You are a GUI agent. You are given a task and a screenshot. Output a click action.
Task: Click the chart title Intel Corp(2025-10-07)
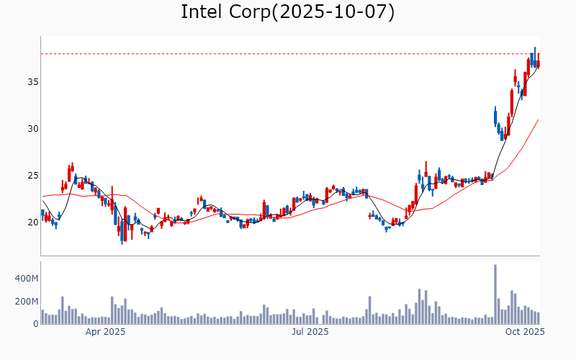[287, 12]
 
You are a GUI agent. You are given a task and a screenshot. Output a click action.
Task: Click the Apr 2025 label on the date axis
[106, 332]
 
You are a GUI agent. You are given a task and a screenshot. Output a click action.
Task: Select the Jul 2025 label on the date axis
[310, 332]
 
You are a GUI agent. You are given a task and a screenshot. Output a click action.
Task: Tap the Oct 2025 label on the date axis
[524, 332]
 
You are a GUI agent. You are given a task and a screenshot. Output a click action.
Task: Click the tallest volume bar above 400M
[495, 294]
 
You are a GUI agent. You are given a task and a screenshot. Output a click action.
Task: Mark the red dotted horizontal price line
[288, 54]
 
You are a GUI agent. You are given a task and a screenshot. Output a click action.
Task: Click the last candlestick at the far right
[538, 62]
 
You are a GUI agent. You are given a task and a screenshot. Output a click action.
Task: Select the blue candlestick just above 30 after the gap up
[495, 116]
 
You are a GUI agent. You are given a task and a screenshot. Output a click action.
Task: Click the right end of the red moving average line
[539, 120]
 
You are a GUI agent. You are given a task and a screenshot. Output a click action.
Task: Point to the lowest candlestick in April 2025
[122, 234]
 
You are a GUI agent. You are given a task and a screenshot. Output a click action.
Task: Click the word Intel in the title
[201, 12]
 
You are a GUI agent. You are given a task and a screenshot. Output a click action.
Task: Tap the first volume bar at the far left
[42, 317]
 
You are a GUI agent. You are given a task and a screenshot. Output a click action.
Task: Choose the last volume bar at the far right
[538, 318]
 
